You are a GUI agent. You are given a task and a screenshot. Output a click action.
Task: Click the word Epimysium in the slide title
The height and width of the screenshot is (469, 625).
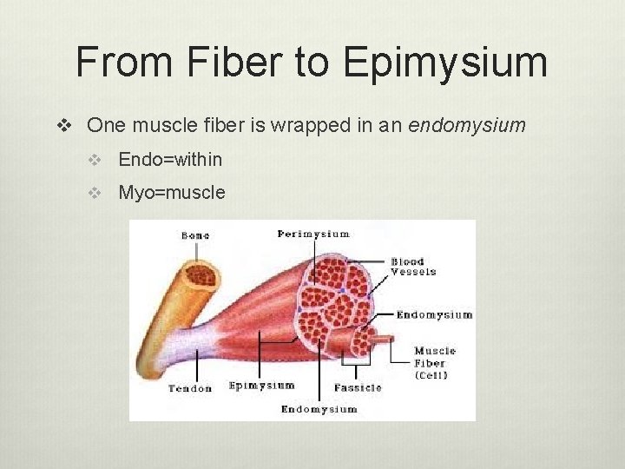tap(445, 63)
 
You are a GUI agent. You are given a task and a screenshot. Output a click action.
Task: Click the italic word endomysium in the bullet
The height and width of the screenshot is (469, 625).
tap(467, 125)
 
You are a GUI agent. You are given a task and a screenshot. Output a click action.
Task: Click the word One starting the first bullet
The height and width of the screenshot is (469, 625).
tap(106, 125)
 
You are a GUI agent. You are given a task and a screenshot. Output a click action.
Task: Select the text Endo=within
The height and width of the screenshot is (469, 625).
tap(170, 159)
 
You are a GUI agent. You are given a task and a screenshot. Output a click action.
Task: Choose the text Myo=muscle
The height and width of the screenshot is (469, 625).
tap(172, 192)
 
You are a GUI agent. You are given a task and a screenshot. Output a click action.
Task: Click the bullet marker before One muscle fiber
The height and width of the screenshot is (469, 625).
tap(63, 126)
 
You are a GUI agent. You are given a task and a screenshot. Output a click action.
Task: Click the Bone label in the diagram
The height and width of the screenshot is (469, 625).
tap(195, 235)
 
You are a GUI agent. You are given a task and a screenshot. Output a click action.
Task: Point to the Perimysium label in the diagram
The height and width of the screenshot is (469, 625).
tap(313, 234)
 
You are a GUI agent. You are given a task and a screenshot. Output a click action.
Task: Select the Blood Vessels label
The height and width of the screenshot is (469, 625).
tap(412, 267)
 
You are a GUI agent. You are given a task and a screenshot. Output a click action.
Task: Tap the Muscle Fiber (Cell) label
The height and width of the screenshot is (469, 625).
tap(434, 363)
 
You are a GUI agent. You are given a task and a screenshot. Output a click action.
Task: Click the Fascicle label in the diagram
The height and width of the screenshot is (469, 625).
tap(358, 387)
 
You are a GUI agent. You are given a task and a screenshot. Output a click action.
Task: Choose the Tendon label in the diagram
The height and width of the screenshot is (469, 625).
tap(190, 388)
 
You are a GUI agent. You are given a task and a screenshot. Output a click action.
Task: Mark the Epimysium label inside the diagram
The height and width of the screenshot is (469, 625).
tap(261, 386)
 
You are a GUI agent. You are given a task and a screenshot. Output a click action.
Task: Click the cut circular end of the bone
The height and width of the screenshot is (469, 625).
tap(202, 276)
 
